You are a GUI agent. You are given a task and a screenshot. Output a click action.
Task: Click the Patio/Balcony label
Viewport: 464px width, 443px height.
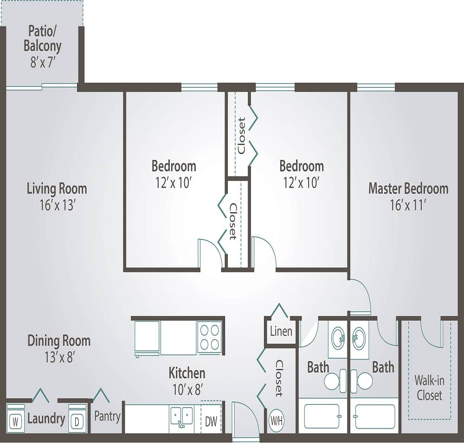45,39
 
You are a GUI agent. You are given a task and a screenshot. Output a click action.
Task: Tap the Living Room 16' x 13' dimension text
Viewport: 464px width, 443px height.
57,205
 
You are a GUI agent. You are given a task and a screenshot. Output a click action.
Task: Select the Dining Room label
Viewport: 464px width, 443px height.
59,340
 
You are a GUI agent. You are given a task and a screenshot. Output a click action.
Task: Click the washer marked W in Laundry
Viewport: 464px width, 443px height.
16,422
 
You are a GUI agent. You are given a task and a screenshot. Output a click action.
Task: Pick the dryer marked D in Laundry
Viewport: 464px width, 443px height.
77,422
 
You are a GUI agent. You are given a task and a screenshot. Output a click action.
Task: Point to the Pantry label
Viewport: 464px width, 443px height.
108,417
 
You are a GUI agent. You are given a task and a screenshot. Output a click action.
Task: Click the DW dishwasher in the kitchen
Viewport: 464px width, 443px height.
211,421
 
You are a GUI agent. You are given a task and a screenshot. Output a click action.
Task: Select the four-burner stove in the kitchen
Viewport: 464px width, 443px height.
209,337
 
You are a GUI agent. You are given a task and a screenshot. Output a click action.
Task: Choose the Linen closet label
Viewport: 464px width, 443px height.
281,331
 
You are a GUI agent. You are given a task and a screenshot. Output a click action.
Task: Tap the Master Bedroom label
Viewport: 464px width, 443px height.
408,189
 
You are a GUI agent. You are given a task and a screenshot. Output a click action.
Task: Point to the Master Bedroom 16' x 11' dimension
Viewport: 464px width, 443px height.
408,205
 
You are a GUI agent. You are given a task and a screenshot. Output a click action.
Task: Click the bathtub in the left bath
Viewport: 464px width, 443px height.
322,416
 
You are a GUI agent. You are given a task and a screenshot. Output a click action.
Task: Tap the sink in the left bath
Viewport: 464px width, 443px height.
337,337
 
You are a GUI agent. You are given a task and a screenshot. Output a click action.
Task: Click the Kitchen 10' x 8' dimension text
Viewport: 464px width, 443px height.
187,388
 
